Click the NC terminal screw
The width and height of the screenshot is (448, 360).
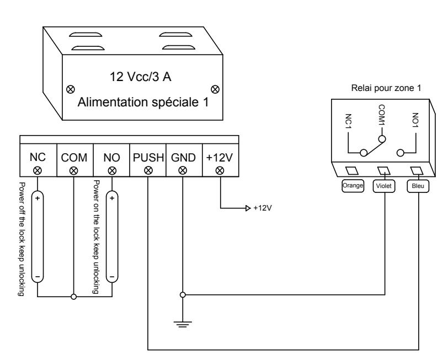pos(38,171)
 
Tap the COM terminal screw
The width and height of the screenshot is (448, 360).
pos(74,171)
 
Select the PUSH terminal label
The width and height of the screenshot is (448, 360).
pos(148,158)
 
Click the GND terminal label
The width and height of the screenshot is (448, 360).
pos(183,158)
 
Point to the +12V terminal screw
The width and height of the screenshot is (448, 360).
pos(220,171)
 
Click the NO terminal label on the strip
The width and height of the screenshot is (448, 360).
pos(111,158)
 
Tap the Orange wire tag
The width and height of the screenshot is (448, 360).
pos(353,186)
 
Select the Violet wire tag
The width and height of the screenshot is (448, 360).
pos(383,186)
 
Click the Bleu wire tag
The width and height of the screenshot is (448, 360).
pos(418,186)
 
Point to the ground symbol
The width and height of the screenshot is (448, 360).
pos(183,324)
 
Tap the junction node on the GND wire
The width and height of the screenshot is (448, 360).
pos(183,294)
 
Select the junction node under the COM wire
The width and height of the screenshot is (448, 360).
pos(74,297)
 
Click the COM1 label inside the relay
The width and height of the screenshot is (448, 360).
pos(382,115)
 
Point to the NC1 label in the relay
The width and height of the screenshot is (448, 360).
pos(348,121)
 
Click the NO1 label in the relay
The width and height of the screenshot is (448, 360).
pos(415,120)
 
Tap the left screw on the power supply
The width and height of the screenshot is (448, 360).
pos(70,89)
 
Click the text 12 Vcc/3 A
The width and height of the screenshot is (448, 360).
pos(141,77)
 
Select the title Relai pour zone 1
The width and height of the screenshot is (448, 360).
pos(386,88)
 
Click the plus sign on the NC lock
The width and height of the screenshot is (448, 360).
pos(38,198)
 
